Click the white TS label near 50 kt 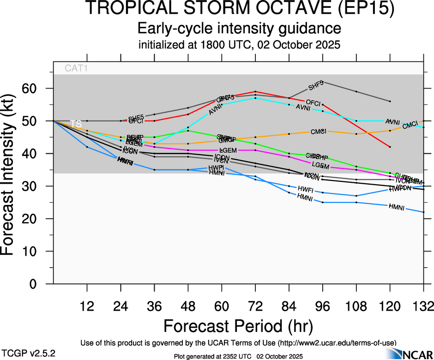coord(76,124)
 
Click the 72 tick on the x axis coord(255,306)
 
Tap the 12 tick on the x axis coord(87,306)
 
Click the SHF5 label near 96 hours coord(316,86)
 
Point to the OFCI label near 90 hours coord(313,102)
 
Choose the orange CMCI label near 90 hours coord(319,132)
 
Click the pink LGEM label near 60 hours coord(228,150)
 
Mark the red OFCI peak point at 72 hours coord(255,91)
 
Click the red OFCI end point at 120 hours coord(390,147)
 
